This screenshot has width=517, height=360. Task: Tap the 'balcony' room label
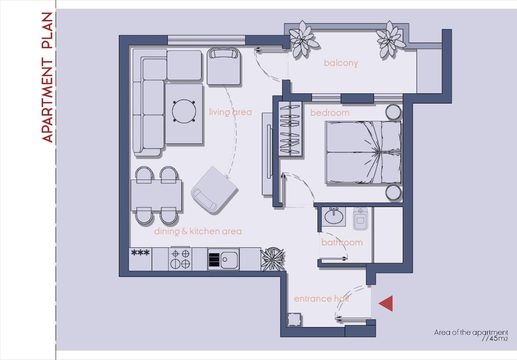(341, 63)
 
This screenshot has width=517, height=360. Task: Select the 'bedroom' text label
(330, 113)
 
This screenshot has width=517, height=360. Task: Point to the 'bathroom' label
(342, 242)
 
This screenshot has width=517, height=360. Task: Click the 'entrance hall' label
(321, 299)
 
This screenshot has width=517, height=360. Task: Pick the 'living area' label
(230, 112)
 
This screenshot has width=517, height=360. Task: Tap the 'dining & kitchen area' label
(198, 231)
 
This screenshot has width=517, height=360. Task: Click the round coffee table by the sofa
(184, 111)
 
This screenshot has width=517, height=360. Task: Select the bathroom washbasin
(334, 216)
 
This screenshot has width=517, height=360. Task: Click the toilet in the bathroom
(361, 219)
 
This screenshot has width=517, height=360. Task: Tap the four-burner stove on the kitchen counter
(180, 259)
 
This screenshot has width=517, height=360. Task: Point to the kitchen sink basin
(229, 260)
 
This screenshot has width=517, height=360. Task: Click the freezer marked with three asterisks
(140, 259)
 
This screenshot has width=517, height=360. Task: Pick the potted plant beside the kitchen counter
(273, 259)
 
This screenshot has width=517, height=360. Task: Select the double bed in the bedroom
(363, 152)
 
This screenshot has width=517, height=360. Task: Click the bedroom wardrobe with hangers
(290, 129)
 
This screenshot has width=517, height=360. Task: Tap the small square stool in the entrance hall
(294, 320)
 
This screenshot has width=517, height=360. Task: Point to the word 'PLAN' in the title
(47, 30)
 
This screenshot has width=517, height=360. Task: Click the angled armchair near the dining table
(215, 191)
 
